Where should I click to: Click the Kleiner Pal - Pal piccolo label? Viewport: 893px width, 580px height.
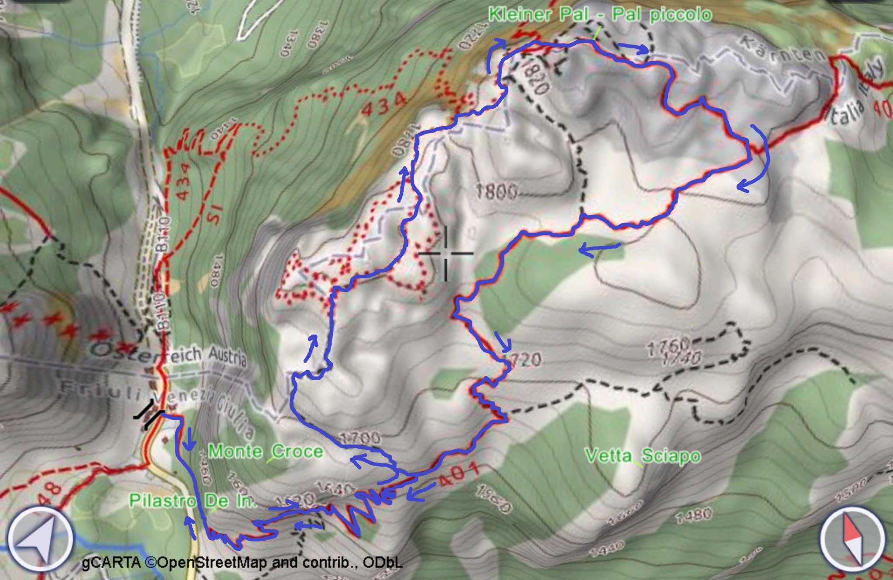(600, 14)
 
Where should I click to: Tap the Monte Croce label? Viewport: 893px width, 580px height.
(266, 451)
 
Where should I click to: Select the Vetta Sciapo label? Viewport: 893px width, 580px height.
(643, 456)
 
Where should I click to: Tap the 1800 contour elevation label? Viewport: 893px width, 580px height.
(496, 191)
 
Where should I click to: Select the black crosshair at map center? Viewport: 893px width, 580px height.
(446, 253)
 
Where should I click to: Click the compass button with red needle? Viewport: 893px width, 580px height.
(852, 539)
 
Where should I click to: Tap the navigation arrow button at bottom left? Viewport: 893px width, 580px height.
(40, 539)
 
